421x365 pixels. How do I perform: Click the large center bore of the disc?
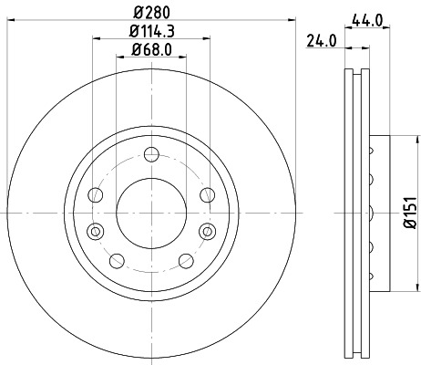[152, 212]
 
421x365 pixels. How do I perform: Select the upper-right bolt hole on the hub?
[207, 193]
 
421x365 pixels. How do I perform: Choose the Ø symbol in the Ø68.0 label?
[135, 51]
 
